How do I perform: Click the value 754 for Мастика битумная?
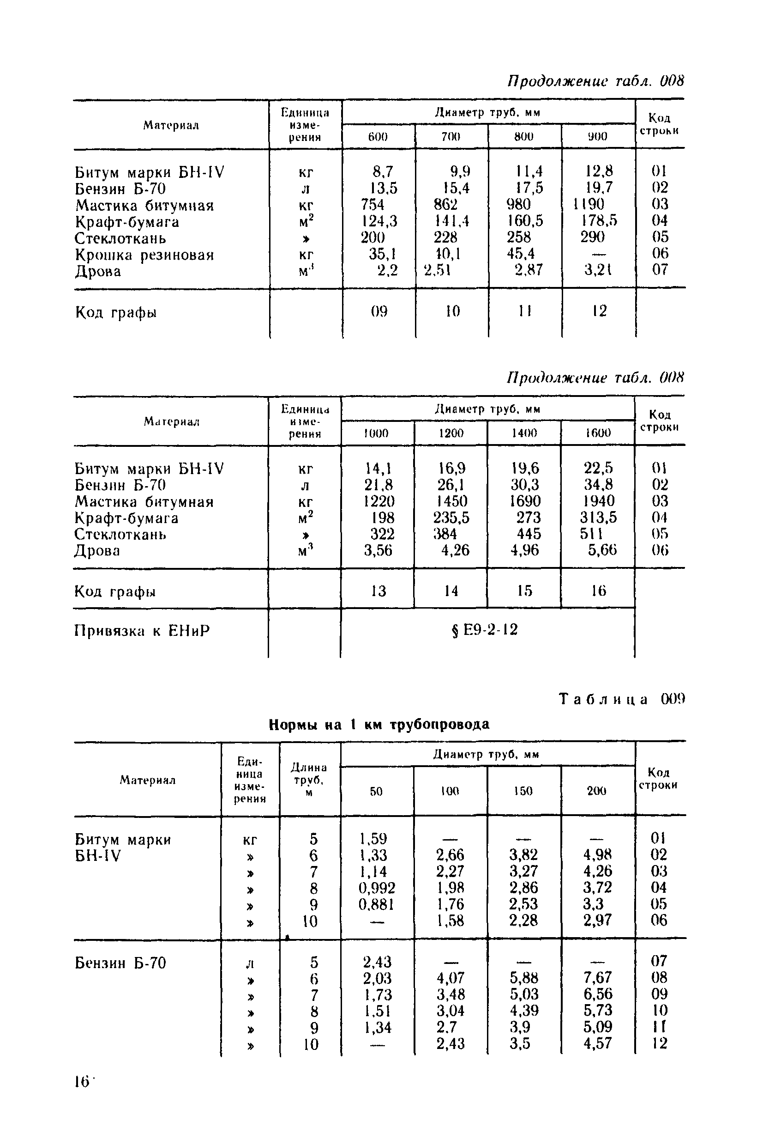[x=372, y=205]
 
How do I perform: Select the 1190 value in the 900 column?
[x=589, y=205]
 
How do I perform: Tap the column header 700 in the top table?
[x=451, y=136]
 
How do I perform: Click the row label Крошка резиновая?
[x=144, y=255]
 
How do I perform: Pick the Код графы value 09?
[x=379, y=311]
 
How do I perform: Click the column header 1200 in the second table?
[x=451, y=433]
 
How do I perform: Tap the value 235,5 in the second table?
[x=451, y=517]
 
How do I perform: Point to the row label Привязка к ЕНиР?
[x=142, y=631]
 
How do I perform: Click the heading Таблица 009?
[x=621, y=700]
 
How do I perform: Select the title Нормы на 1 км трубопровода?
[x=379, y=725]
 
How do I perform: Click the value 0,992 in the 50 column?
[x=377, y=888]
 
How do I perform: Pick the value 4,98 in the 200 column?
[x=598, y=855]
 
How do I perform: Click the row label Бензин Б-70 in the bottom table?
[x=120, y=963]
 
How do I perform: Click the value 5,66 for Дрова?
[x=602, y=550]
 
